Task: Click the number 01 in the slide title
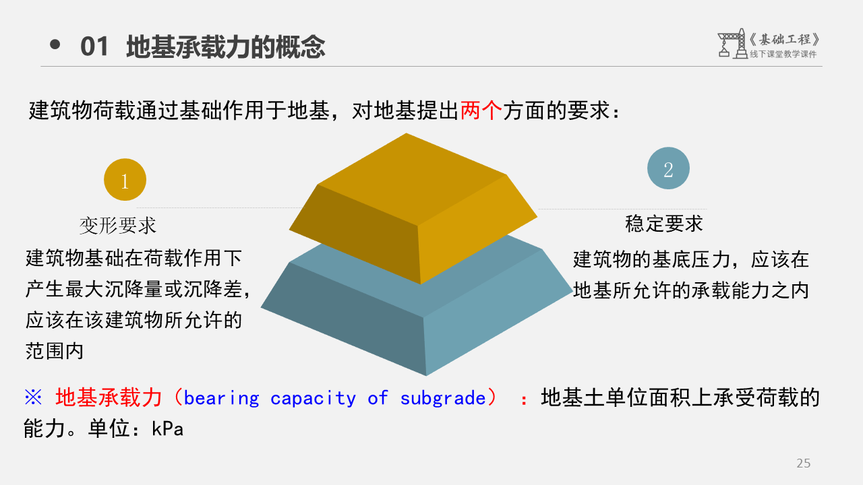tap(94, 47)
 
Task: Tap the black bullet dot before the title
tap(55, 44)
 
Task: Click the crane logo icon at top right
tap(732, 44)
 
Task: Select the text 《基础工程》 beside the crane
tap(784, 39)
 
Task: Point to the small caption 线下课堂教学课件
tap(783, 55)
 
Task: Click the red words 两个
tap(481, 110)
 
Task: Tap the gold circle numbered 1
tap(125, 180)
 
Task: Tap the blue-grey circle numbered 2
tap(668, 168)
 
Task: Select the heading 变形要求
tap(117, 226)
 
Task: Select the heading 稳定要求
tap(664, 224)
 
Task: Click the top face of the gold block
tap(412, 179)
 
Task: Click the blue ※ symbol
tap(33, 397)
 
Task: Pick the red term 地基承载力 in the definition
tap(109, 397)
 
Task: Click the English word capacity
tap(313, 398)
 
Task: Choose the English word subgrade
tap(443, 398)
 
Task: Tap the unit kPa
tap(168, 429)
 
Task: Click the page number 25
tap(803, 463)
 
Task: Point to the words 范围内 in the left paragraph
tap(55, 351)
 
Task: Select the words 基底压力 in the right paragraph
tap(691, 259)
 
